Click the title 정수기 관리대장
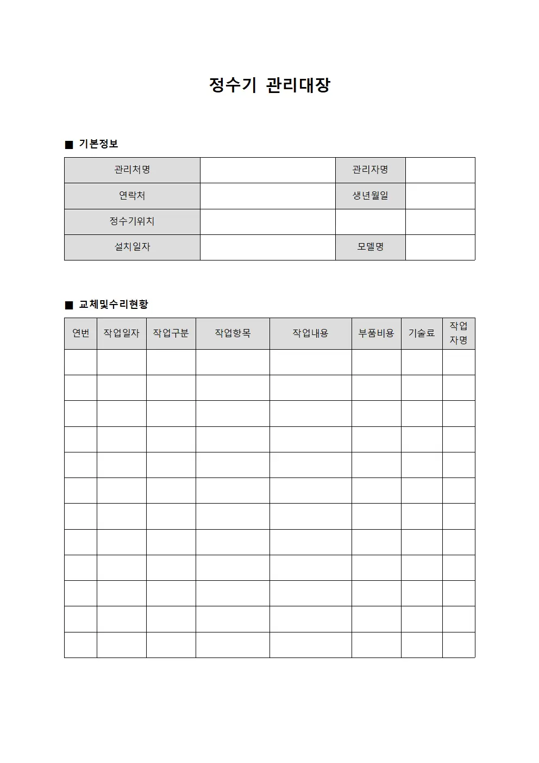coord(269,85)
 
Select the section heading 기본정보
coord(98,144)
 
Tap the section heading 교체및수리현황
coord(113,305)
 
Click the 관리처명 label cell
coord(132,170)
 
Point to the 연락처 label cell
coord(132,196)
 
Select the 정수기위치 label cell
coord(132,221)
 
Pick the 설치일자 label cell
coord(132,247)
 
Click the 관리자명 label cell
coord(370,170)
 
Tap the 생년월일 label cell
coord(370,196)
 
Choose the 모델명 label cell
coord(370,247)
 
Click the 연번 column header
coord(80,333)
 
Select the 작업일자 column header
coord(121,333)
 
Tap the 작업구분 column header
coord(171,333)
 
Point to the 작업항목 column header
coord(233,333)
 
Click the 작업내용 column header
coord(310,333)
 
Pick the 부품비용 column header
coord(376,333)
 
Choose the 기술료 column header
coord(422,333)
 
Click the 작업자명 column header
coord(459,333)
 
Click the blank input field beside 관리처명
coord(267,170)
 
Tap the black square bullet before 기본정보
coord(69,145)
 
